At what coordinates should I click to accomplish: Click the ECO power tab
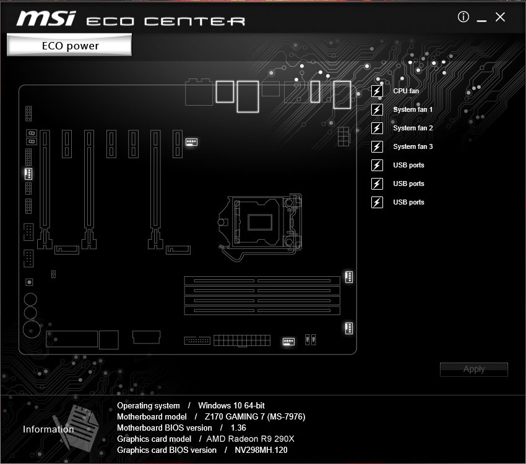click(70, 45)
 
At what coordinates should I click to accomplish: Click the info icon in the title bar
click(463, 17)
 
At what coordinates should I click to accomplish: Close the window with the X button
click(501, 17)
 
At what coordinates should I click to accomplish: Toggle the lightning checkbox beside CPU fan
click(377, 91)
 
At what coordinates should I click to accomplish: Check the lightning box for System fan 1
click(377, 110)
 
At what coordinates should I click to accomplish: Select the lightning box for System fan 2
click(377, 129)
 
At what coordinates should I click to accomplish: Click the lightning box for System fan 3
click(377, 147)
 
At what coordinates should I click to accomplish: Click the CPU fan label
click(405, 91)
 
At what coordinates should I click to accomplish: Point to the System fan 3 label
click(413, 147)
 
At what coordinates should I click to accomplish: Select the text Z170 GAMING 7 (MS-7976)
click(255, 417)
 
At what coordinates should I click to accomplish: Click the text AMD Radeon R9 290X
click(251, 439)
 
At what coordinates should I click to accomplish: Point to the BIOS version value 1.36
click(238, 428)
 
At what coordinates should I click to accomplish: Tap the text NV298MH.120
click(261, 450)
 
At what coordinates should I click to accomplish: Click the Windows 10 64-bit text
click(231, 406)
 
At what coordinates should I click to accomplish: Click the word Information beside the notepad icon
click(48, 429)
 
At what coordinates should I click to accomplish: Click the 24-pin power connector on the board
click(242, 340)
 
